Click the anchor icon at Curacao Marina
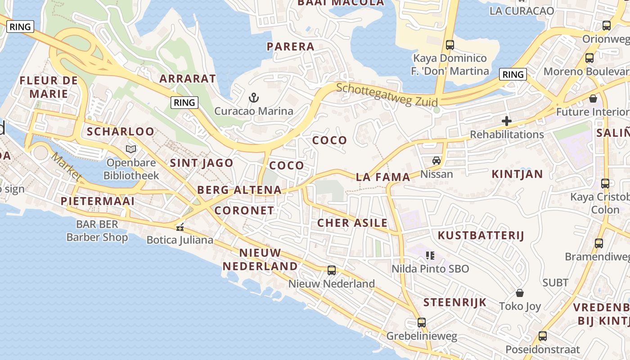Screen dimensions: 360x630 pos(254,97)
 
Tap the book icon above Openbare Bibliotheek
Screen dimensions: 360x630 pos(131,149)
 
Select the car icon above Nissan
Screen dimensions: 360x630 pos(436,160)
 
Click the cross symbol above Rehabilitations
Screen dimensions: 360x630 pos(507,121)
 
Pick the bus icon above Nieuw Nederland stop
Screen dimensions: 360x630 pos(332,270)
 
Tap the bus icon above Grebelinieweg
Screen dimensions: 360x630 pos(422,322)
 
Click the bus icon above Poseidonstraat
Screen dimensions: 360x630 pos(543,336)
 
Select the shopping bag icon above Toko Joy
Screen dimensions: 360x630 pos(520,293)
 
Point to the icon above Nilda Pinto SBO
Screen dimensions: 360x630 pos(430,256)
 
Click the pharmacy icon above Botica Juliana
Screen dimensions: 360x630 pos(180,227)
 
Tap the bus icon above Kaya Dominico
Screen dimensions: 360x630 pos(450,45)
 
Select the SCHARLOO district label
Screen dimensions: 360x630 pos(121,131)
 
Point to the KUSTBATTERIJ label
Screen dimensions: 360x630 pos(481,235)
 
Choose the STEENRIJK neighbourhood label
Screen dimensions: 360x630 pos(455,302)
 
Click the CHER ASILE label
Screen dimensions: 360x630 pos(352,223)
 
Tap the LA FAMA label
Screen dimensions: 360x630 pos(383,177)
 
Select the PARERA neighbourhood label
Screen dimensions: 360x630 pos(290,46)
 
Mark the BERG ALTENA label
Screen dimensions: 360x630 pos(239,190)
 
